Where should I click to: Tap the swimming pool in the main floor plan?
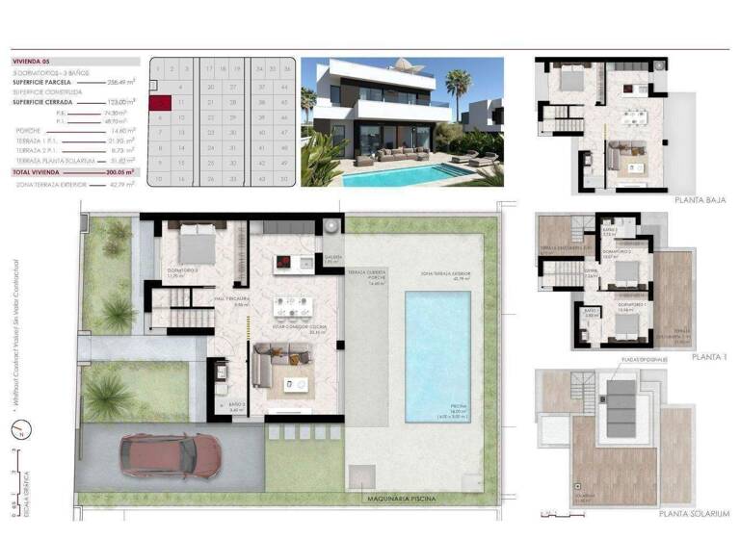coord(437,356)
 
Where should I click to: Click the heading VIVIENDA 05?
coord(31,60)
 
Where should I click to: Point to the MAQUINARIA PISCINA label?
coord(400,499)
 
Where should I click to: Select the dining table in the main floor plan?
coord(293,307)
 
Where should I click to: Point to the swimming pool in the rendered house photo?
coord(405,174)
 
